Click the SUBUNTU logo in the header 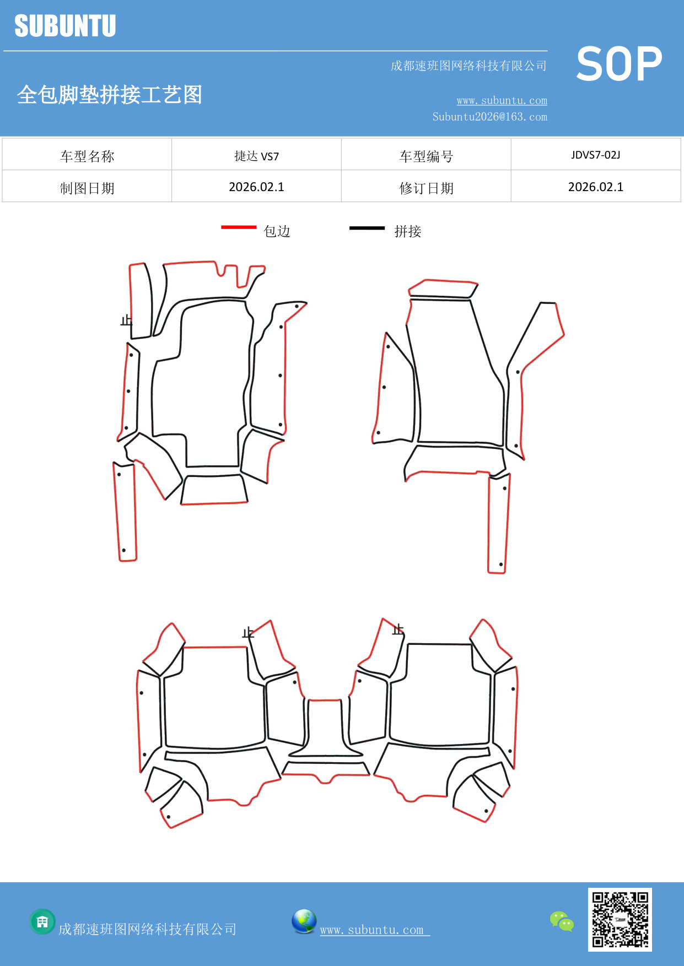click(65, 26)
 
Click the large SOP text click(618, 64)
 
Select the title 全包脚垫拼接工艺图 click(109, 95)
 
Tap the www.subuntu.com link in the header click(502, 101)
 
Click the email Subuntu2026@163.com click(489, 117)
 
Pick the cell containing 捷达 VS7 click(256, 156)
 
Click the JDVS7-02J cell click(595, 155)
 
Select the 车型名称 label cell click(87, 156)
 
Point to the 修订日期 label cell click(426, 188)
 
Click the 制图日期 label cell click(87, 188)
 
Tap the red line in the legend click(239, 227)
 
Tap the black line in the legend click(367, 227)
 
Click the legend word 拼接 click(407, 231)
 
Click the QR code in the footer click(620, 919)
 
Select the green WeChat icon click(562, 921)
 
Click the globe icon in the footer click(304, 921)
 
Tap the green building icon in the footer click(42, 921)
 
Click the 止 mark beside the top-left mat click(126, 320)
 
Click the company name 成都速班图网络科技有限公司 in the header click(468, 66)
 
